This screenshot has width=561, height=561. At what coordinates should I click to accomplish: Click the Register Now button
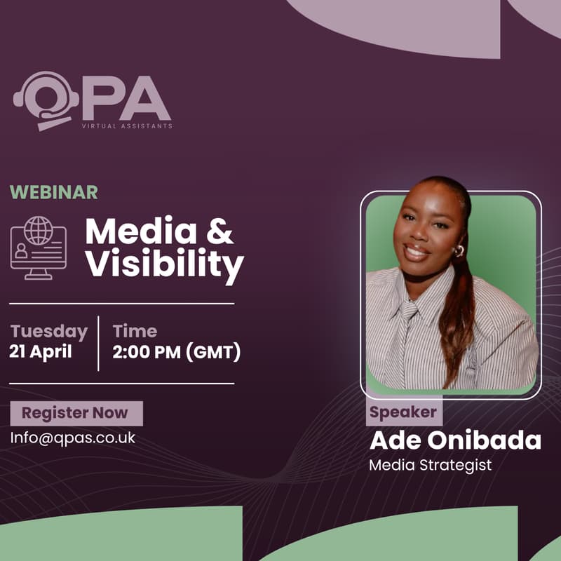[76, 413]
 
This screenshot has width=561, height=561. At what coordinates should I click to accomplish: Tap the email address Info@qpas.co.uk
[72, 437]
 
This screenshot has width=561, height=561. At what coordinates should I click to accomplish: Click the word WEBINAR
[54, 192]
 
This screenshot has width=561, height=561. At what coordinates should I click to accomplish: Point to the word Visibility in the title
[164, 266]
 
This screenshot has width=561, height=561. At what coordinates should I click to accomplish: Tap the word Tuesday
[49, 331]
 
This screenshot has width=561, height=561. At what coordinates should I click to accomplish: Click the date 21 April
[41, 351]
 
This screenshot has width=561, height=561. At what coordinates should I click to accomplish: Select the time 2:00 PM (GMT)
[177, 351]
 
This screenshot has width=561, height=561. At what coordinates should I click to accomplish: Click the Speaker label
[403, 412]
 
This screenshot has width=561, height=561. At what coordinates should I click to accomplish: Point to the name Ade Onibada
[455, 440]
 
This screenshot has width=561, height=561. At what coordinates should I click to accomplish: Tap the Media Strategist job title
[431, 464]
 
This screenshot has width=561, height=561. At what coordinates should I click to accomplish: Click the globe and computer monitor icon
[39, 248]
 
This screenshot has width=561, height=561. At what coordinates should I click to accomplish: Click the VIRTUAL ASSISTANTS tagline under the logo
[127, 126]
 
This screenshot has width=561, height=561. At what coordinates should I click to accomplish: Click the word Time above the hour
[135, 331]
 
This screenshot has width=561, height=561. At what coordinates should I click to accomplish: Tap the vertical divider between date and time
[98, 342]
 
